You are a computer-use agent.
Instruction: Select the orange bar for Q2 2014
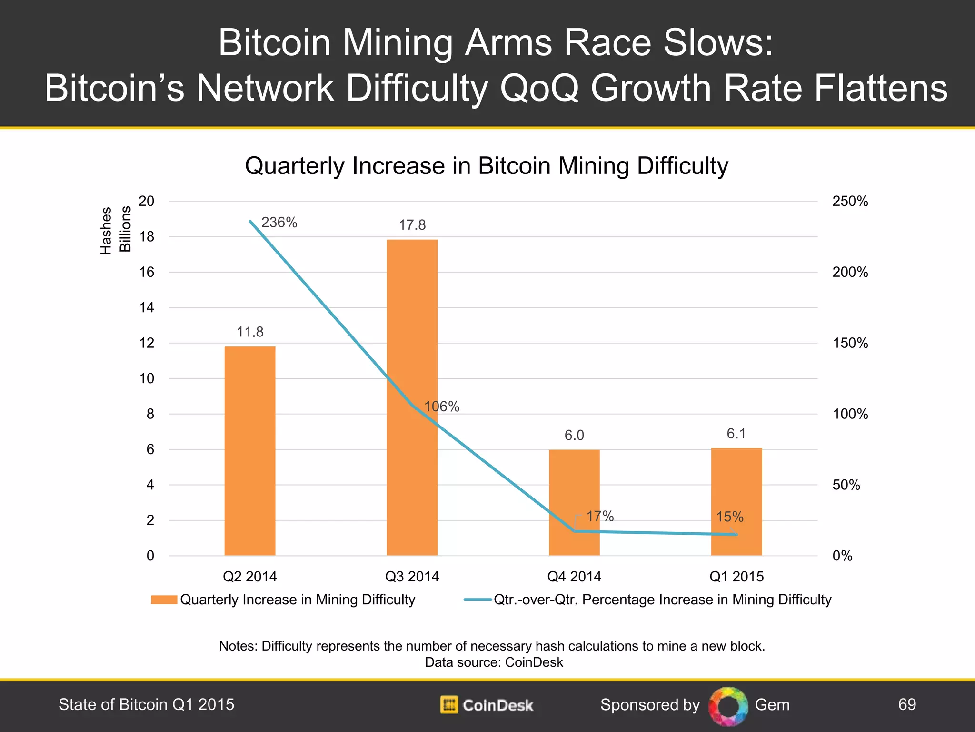pos(250,450)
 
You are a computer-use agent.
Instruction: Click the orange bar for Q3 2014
pos(412,334)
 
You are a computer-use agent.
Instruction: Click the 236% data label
pos(279,223)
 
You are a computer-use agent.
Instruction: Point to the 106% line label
pos(442,407)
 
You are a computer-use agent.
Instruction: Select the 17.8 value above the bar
pos(412,225)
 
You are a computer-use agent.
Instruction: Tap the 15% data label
pos(730,517)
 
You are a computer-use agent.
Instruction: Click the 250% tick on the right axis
pos(850,201)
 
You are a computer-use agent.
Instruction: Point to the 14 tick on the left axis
pos(147,307)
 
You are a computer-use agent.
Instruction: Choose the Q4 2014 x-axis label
pos(574,577)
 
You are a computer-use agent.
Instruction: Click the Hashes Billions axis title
pos(115,230)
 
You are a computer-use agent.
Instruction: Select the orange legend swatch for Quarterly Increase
pos(164,600)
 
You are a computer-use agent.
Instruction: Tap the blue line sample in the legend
pos(478,600)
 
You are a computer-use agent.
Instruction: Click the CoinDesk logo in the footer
pos(487,705)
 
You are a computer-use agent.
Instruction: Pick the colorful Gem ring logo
pos(728,706)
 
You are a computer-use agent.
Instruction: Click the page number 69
pos(907,704)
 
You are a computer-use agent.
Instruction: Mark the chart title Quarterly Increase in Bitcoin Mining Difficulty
pos(487,166)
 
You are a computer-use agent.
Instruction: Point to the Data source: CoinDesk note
pos(494,662)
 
